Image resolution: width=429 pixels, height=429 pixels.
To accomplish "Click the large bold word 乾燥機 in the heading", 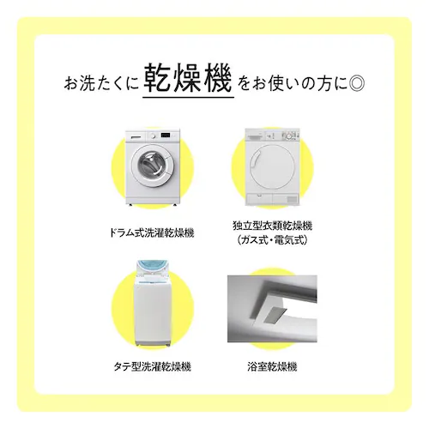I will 188,83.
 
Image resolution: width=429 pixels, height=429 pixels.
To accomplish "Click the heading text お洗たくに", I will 101,85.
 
